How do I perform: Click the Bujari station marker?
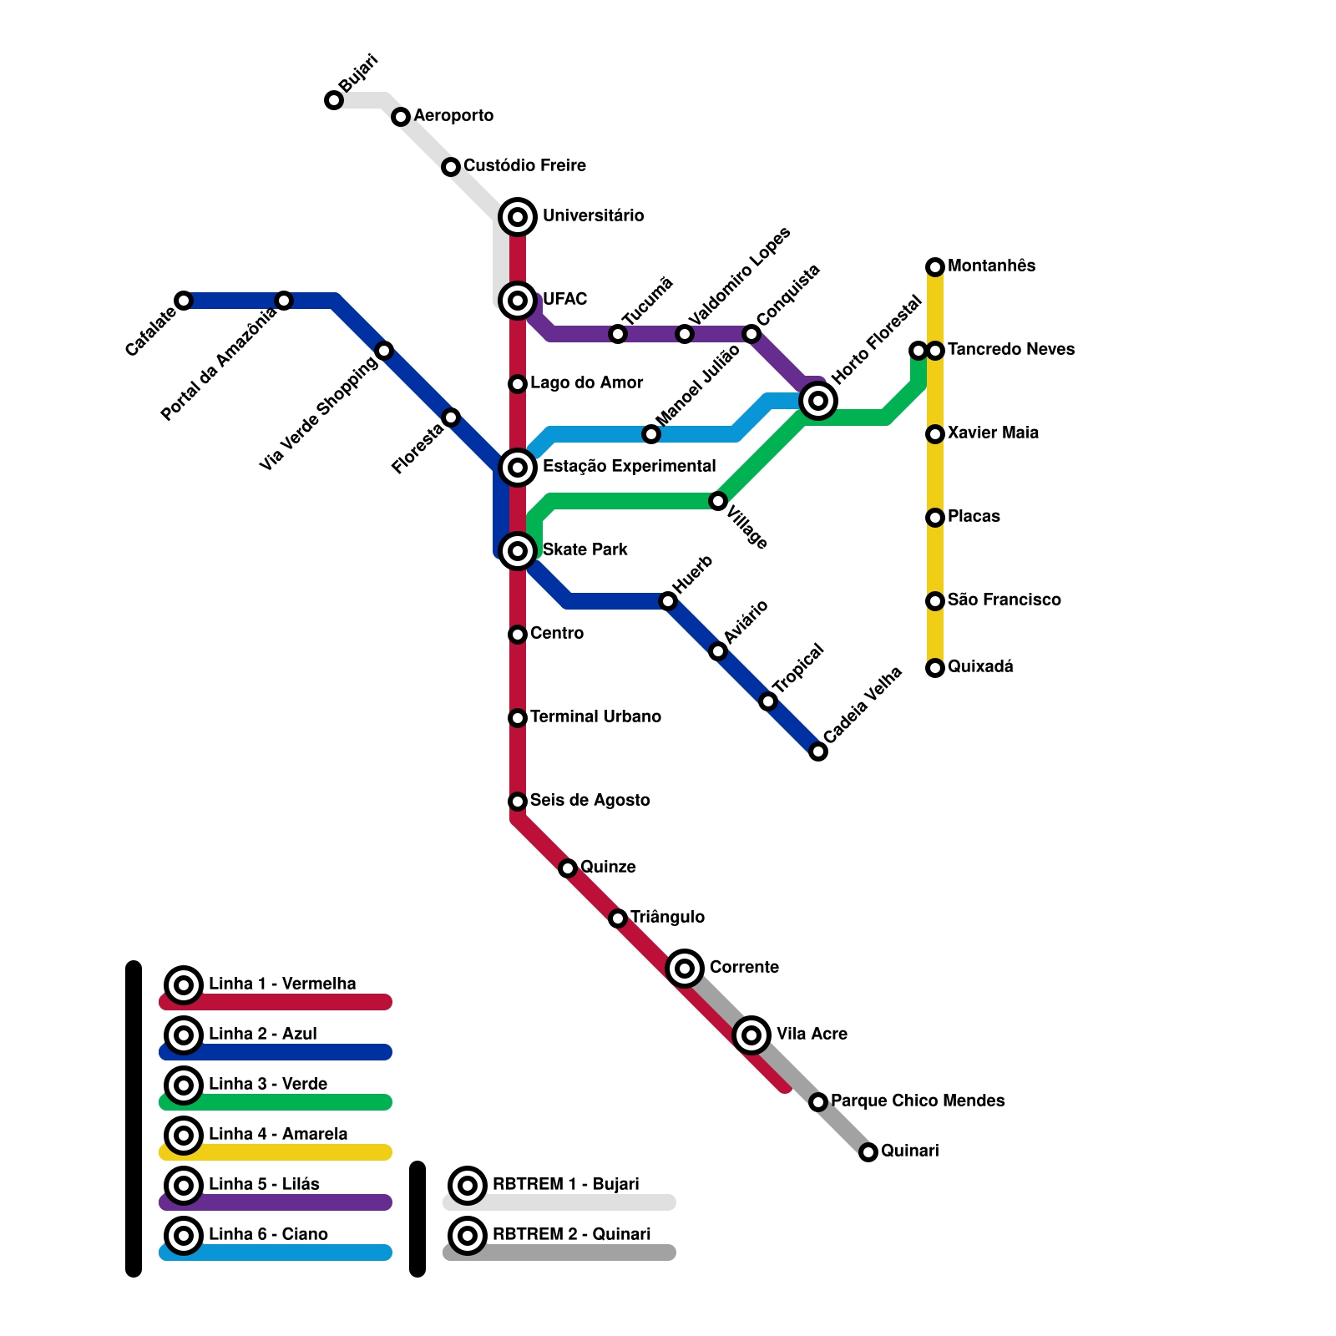[x=334, y=100]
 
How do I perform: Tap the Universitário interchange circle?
[x=518, y=217]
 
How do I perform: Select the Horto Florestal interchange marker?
[x=818, y=401]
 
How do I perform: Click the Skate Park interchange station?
[x=518, y=551]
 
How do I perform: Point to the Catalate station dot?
[x=184, y=301]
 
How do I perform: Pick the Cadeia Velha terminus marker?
[x=818, y=751]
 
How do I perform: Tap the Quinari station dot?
[x=868, y=1152]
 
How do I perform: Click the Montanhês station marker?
[x=935, y=267]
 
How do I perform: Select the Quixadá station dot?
[x=935, y=668]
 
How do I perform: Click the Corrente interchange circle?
[x=685, y=969]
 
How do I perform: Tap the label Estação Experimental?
[x=629, y=466]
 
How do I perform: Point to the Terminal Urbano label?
[x=595, y=716]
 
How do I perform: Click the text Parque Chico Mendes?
[x=918, y=1101]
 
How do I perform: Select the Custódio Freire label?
[x=524, y=165]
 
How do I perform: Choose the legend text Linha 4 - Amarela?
[x=277, y=1134]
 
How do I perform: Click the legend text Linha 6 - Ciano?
[x=268, y=1234]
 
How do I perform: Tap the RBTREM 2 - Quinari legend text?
[x=571, y=1234]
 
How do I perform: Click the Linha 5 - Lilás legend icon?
[x=184, y=1186]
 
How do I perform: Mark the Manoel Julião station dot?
[x=651, y=434]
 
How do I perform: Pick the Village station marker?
[x=718, y=501]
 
